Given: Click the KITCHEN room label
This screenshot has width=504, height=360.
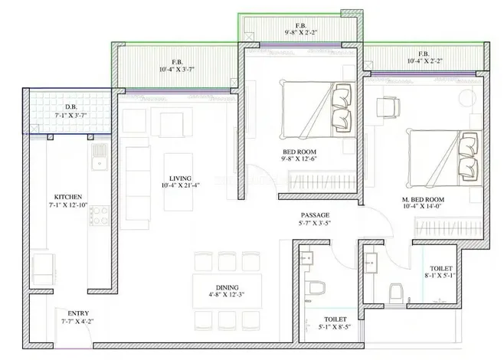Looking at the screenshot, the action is [x=68, y=197].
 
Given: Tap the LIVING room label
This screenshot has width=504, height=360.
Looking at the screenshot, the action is [x=180, y=178].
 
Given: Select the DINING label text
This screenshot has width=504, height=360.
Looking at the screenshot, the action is [x=227, y=287].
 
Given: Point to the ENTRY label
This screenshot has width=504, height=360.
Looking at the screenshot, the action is [x=78, y=313].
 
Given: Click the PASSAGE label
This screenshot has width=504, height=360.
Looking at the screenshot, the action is [x=315, y=215].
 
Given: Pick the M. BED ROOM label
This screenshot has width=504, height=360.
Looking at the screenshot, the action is [x=423, y=200].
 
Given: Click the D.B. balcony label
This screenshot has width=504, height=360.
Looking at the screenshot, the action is [x=71, y=107].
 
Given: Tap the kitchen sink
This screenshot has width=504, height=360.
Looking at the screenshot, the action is [x=100, y=156].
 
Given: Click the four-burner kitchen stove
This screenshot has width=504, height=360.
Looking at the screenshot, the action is [x=100, y=215].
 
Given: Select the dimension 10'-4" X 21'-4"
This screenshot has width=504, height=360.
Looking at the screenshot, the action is [x=181, y=185].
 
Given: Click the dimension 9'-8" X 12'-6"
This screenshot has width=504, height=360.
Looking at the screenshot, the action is [x=299, y=159].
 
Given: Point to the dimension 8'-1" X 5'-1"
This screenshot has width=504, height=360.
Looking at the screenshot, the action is [x=440, y=276].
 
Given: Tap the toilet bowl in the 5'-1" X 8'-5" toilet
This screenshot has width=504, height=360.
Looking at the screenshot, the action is [x=316, y=288].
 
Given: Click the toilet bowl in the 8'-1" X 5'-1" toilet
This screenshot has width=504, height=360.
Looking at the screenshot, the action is [x=396, y=293].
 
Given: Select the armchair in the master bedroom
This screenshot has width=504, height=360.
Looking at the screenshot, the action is [x=388, y=107].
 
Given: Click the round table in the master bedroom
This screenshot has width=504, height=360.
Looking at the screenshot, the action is [x=467, y=98].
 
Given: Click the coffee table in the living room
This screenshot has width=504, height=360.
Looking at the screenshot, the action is [x=178, y=182].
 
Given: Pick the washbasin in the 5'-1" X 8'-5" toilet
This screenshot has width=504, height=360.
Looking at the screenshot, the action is [x=306, y=258].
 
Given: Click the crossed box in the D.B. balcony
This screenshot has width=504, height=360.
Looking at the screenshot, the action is [x=34, y=129].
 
